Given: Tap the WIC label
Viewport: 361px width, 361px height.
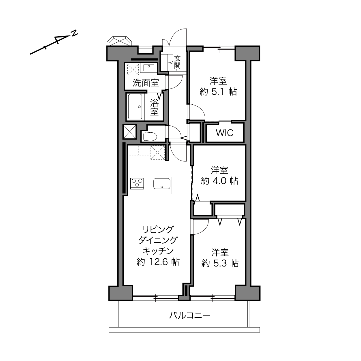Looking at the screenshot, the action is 224,133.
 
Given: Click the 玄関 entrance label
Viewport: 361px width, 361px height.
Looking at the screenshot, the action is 177,62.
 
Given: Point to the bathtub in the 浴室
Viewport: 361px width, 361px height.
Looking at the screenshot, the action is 135,106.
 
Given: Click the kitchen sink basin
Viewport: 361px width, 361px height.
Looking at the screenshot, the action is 162,183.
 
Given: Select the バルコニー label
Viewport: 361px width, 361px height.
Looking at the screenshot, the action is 190,315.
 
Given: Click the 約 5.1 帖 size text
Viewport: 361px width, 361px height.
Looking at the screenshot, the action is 218,92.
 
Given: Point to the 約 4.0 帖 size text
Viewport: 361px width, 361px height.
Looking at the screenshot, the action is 219,181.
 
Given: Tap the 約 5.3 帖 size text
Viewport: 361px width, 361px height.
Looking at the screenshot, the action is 220,263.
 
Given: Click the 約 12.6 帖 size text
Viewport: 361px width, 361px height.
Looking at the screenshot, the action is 158,262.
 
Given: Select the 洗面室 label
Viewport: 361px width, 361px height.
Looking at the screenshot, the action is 146,83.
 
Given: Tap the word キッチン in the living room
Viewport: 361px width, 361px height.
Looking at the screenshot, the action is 158,251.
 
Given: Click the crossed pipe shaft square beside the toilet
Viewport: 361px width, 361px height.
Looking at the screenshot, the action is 129,131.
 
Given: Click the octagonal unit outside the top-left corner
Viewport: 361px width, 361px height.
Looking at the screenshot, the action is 119,41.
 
